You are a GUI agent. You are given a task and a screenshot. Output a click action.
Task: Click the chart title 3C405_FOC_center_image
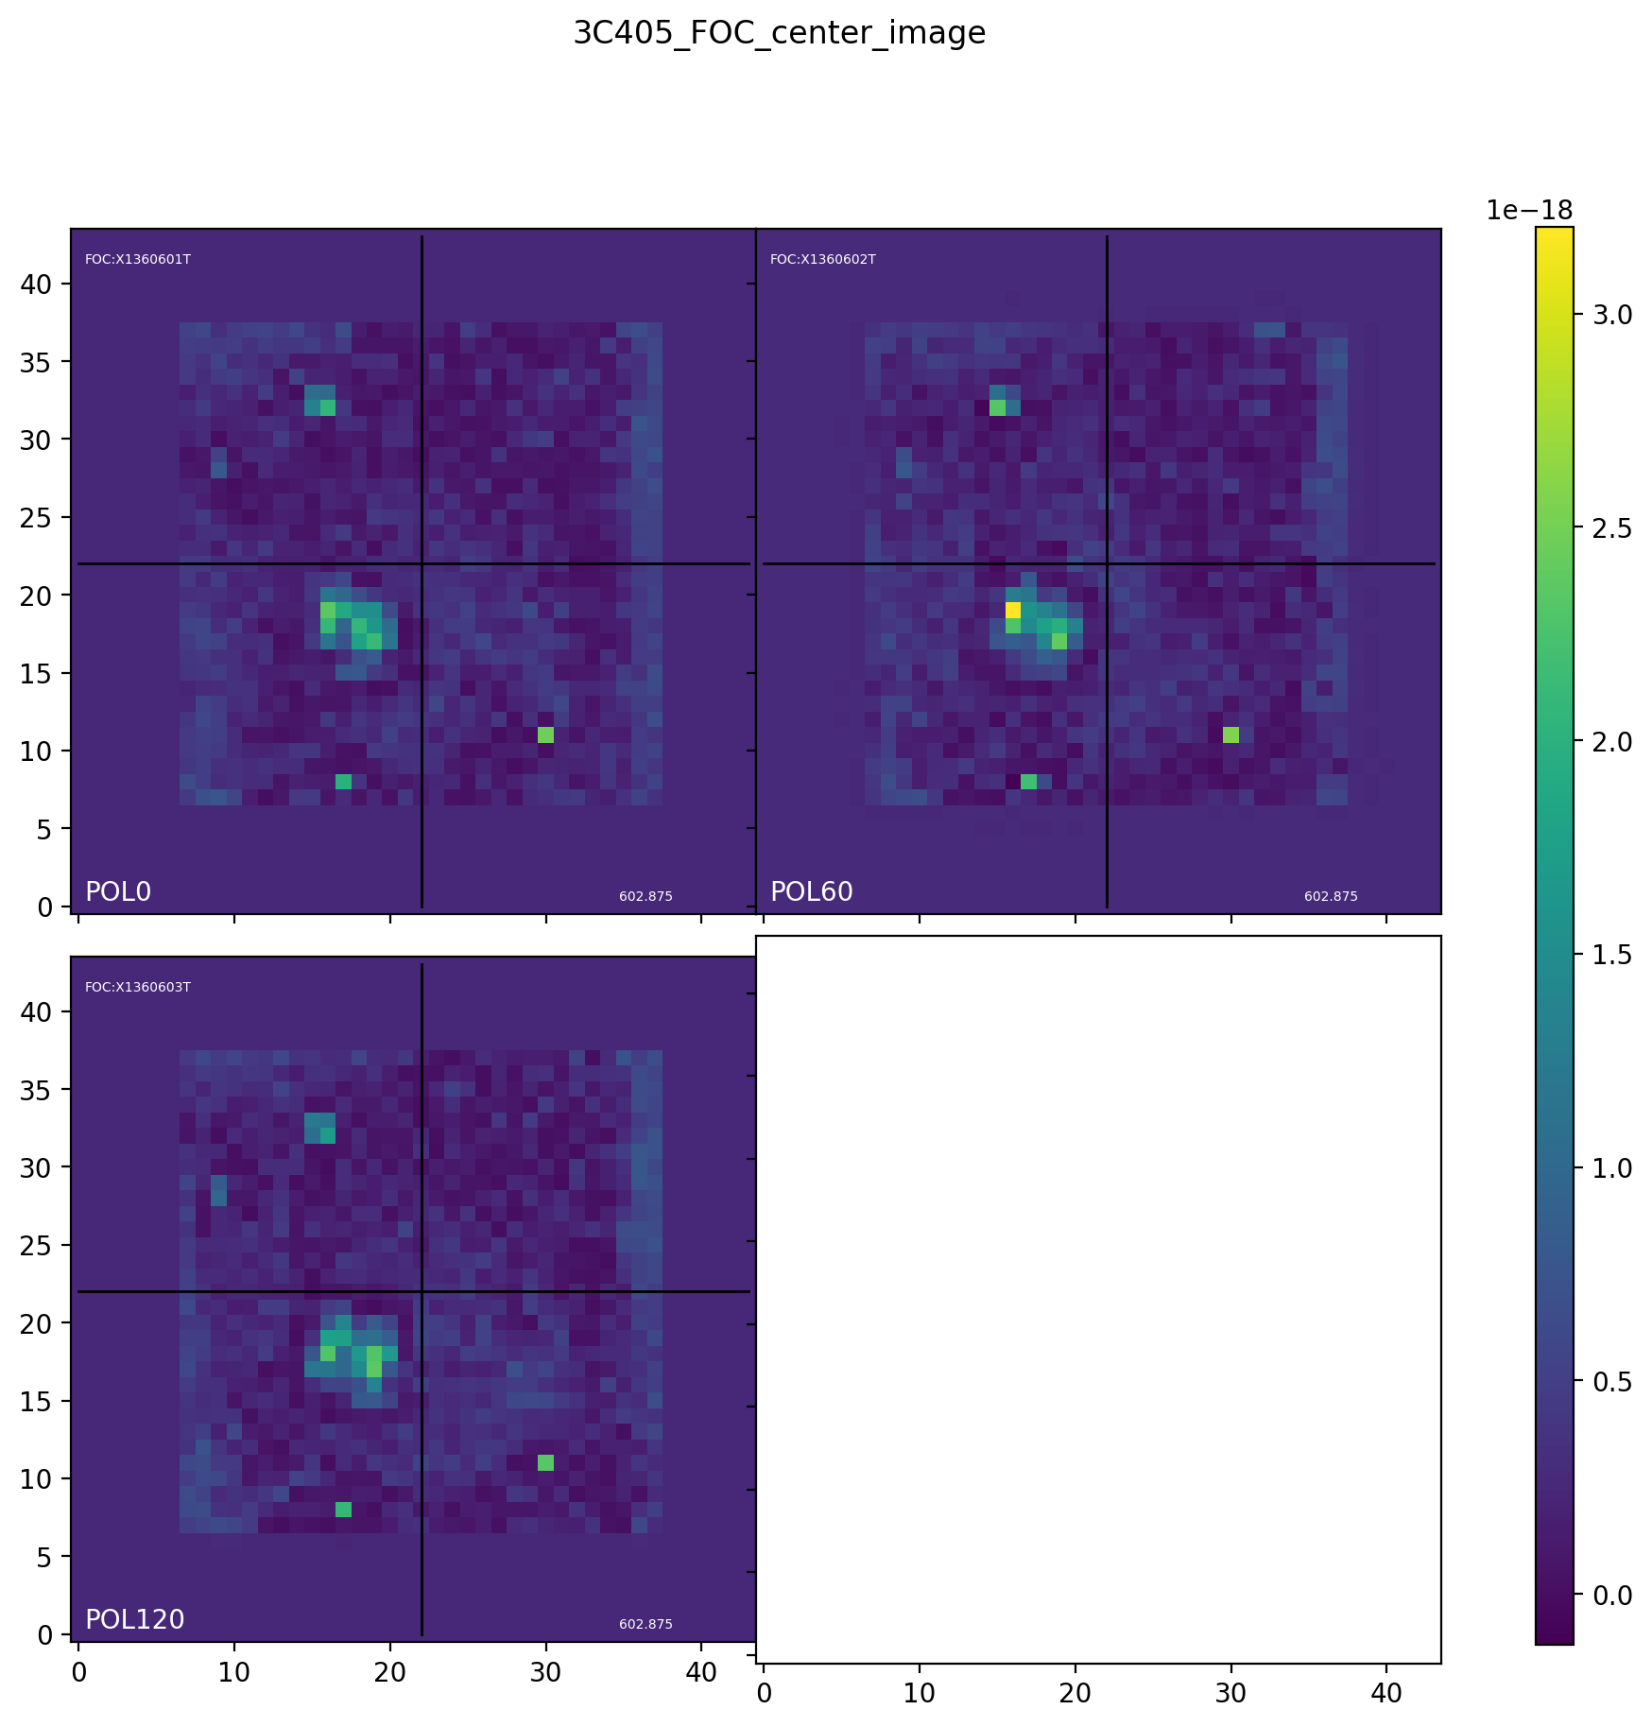coord(779,34)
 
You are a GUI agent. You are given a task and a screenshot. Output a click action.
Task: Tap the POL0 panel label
coord(118,892)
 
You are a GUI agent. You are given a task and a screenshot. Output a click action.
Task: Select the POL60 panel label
coord(811,892)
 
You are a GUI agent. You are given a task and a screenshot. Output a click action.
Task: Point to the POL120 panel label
coord(134,1620)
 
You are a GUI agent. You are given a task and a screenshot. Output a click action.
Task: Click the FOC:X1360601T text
coord(138,260)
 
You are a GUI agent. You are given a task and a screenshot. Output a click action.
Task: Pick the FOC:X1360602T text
coord(823,260)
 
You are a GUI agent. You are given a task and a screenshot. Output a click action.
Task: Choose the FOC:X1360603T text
coord(138,988)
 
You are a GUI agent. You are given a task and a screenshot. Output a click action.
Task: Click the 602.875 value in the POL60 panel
coord(1331,897)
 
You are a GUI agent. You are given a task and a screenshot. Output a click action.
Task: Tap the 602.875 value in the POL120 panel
coord(645,1625)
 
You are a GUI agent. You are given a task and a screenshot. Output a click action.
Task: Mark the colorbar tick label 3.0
coord(1612,316)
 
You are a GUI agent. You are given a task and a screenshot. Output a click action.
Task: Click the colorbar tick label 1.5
coord(1612,956)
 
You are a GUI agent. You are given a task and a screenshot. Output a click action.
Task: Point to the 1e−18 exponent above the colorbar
coord(1529,211)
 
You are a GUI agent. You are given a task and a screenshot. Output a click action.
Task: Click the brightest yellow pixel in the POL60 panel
coord(1013,610)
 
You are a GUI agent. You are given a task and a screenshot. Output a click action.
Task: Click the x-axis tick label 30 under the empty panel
coord(1230,1693)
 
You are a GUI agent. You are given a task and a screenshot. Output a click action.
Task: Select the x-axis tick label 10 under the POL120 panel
coord(234,1672)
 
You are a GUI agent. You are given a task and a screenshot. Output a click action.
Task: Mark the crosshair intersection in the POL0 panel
coord(422,564)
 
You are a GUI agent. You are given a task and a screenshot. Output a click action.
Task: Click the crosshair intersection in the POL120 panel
coord(422,1291)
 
